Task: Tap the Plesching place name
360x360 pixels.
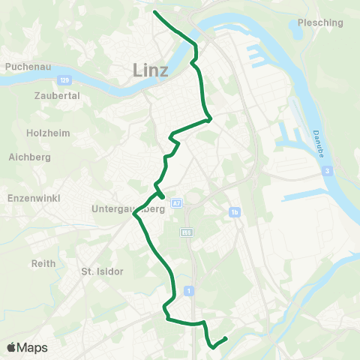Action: click(320, 22)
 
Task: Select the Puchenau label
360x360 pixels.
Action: click(27, 66)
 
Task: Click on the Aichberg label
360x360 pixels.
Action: click(29, 157)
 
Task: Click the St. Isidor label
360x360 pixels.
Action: click(102, 271)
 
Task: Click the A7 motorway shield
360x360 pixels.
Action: click(176, 203)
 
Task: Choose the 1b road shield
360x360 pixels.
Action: click(235, 213)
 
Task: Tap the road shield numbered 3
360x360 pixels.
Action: click(328, 172)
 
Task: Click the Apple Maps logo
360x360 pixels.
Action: click(27, 347)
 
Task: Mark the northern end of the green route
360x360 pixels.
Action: click(154, 12)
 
